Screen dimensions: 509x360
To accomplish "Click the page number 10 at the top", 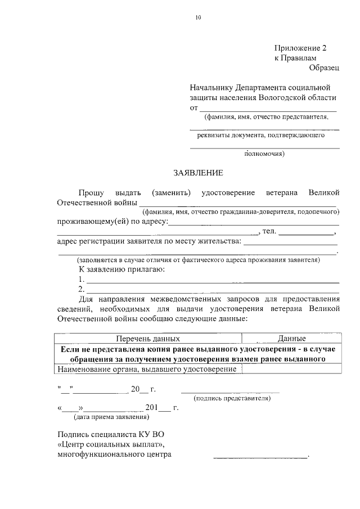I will [x=198, y=17].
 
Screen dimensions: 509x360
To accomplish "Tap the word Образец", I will [x=324, y=67].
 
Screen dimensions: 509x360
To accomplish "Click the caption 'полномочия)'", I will [x=264, y=153].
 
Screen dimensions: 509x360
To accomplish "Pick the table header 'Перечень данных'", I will [x=148, y=339].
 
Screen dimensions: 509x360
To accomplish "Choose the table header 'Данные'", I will [x=291, y=339].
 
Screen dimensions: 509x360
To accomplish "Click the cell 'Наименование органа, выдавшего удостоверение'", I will [x=147, y=368].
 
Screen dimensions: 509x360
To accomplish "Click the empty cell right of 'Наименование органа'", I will [x=291, y=368].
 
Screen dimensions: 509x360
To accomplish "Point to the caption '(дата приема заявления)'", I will [x=111, y=417].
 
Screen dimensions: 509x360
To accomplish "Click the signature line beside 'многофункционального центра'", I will [x=260, y=456].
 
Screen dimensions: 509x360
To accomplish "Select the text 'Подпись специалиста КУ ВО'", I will [x=111, y=434].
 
